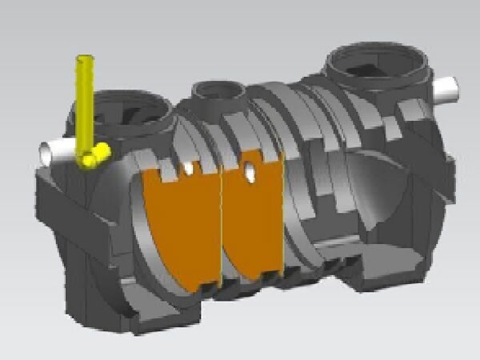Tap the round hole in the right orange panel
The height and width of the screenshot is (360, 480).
(251, 170)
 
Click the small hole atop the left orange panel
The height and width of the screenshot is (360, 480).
(189, 169)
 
